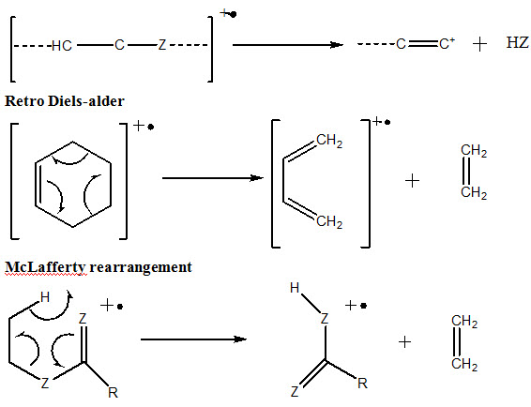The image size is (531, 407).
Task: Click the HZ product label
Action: coord(517,43)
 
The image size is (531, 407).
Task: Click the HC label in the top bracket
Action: coord(62,45)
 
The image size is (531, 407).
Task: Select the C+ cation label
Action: coord(447,44)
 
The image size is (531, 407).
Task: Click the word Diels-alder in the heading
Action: coord(86,101)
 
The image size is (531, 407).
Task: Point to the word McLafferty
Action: coord(45,267)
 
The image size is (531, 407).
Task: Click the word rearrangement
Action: coord(141,267)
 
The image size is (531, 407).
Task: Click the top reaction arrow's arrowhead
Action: coord(338,45)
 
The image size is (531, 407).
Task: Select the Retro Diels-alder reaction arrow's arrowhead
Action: coord(257,178)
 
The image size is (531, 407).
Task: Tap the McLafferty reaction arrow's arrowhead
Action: coord(240,339)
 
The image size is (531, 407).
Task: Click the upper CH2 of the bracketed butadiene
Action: coord(329,141)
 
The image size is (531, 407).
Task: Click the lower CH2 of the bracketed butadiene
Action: coord(329,221)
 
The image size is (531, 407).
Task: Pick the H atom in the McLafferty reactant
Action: coord(45,297)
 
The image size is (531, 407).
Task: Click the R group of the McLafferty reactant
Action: coord(113,393)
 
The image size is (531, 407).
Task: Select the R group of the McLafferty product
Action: coord(362,384)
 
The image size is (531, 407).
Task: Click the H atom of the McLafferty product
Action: coord(295,288)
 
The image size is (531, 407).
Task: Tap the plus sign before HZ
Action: coord(479,44)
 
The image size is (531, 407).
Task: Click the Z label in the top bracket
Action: coord(162,45)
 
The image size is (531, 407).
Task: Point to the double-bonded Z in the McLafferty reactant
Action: coord(83,319)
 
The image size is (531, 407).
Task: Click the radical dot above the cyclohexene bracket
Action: coord(151,128)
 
